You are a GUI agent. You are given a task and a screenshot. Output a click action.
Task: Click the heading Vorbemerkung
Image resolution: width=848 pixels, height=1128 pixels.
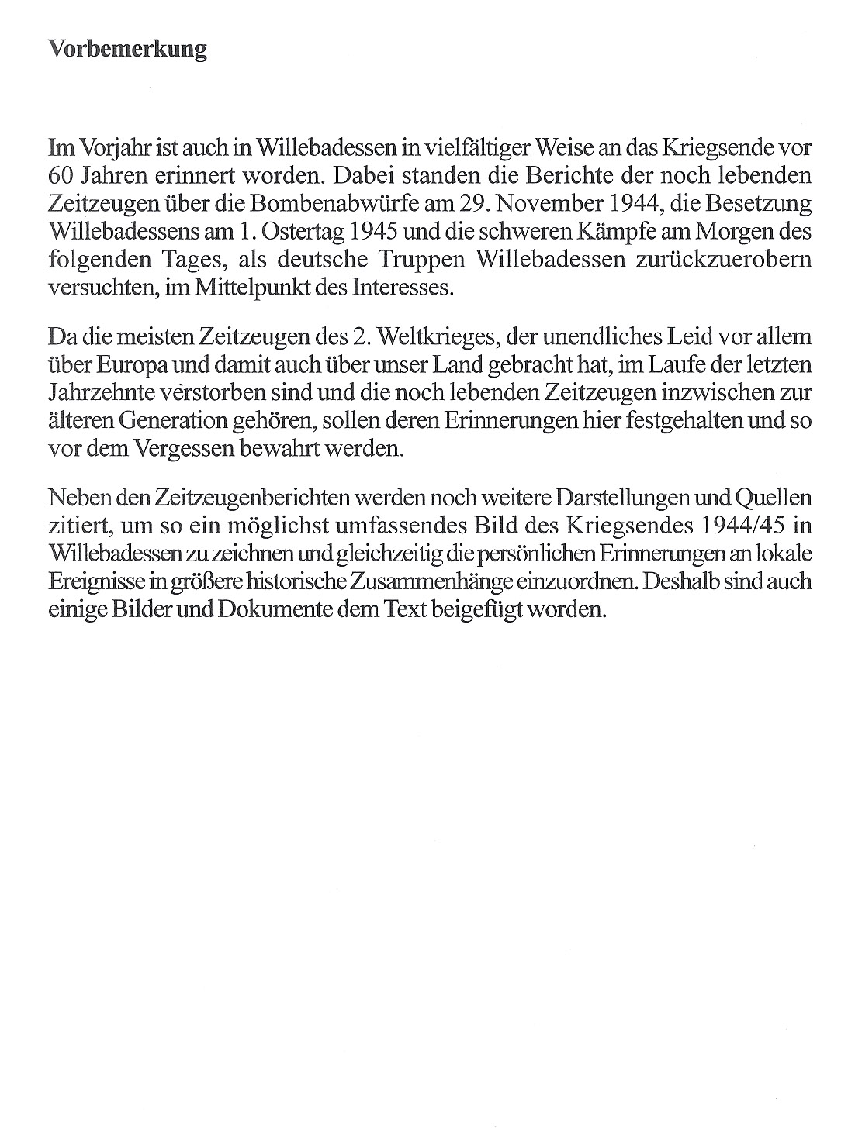pyautogui.click(x=127, y=50)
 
